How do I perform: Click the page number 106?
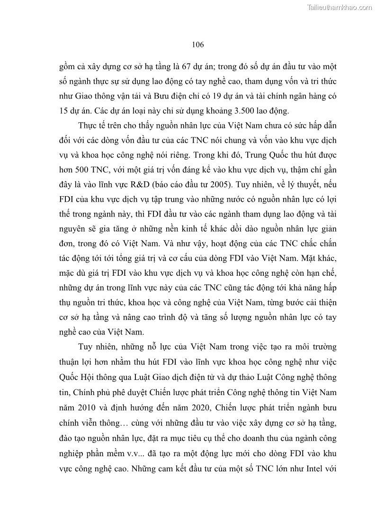pos(198,45)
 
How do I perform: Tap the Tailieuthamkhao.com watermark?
pos(340,7)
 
